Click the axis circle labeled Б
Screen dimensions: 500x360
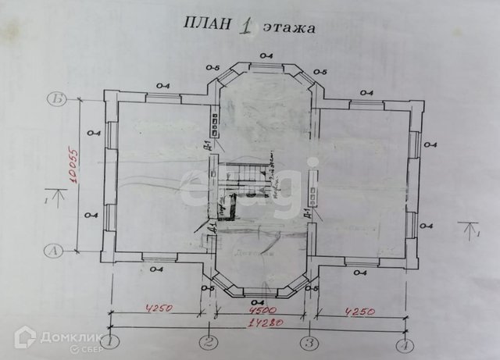tap(56, 99)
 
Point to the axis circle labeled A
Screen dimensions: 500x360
tap(54, 251)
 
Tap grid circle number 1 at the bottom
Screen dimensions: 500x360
tap(114, 341)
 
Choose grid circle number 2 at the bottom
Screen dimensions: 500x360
tap(208, 342)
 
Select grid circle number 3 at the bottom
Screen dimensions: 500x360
tap(309, 342)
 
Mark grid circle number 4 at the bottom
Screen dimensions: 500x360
tap(404, 344)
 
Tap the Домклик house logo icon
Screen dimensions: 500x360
tap(26, 338)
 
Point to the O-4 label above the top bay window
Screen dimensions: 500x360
tap(266, 55)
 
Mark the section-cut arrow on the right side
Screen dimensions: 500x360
tap(470, 231)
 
